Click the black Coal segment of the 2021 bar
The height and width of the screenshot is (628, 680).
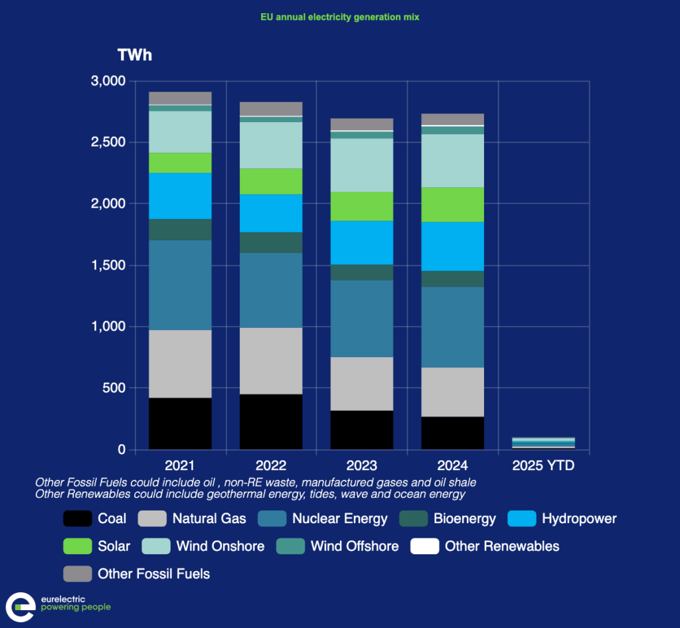tap(180, 424)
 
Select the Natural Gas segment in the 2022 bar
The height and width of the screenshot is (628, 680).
tap(271, 360)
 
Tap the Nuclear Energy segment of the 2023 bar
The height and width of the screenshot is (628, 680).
tap(362, 319)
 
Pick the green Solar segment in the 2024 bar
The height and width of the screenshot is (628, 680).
tap(453, 204)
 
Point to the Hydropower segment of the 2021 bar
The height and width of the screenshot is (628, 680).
tap(180, 196)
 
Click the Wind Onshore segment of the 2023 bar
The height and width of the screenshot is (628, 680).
tap(362, 165)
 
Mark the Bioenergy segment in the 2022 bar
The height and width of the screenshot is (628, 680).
tap(271, 242)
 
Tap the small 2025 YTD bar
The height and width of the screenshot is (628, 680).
tap(544, 443)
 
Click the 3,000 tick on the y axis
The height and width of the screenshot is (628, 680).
tap(108, 81)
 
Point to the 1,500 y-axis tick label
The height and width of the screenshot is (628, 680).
tap(108, 265)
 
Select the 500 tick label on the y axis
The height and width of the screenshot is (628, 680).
tap(113, 388)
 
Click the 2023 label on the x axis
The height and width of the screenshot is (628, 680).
tap(362, 465)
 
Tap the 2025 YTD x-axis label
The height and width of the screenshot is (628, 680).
tap(544, 465)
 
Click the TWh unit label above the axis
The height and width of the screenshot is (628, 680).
tap(134, 55)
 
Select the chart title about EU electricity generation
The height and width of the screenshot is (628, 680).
tap(339, 17)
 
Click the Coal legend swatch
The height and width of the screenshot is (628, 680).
tap(77, 518)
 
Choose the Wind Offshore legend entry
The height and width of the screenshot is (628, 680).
tap(355, 546)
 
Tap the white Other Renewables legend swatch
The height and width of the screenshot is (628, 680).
tap(425, 546)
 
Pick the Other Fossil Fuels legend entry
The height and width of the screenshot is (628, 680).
tap(153, 574)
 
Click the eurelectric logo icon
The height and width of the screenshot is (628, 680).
tap(21, 607)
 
